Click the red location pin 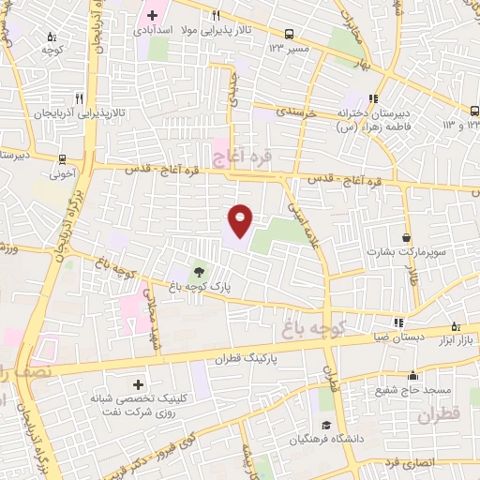[x=240, y=219]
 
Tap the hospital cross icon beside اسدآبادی [x=153, y=16]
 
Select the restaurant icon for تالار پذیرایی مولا [x=216, y=15]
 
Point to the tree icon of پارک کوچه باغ [x=197, y=270]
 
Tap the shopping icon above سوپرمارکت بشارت [x=406, y=238]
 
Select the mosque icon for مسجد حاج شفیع [x=413, y=377]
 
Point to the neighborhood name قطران [x=440, y=413]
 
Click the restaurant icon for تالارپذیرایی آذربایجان [x=80, y=97]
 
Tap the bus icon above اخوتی [x=62, y=159]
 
